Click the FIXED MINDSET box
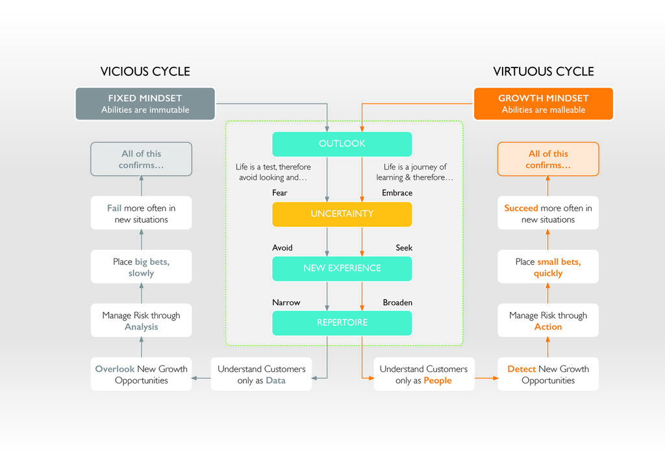coord(145,104)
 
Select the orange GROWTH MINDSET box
coord(544,104)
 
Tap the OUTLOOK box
coord(342,143)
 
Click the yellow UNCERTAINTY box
coord(342,214)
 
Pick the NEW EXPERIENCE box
coord(342,268)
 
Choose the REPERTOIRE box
coord(342,323)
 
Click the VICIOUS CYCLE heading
coord(145,71)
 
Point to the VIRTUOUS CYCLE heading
coord(544,71)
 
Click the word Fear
coord(279,193)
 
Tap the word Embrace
coord(397,193)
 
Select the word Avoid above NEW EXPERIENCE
coord(282,247)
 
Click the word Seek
coord(404,247)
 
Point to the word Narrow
coord(286,302)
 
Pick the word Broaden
coord(397,302)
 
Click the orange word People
coord(437,380)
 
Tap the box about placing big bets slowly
coord(141,267)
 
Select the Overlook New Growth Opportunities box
coord(141,374)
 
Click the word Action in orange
coord(548,327)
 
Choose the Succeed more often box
coord(548,213)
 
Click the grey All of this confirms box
coord(141,159)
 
